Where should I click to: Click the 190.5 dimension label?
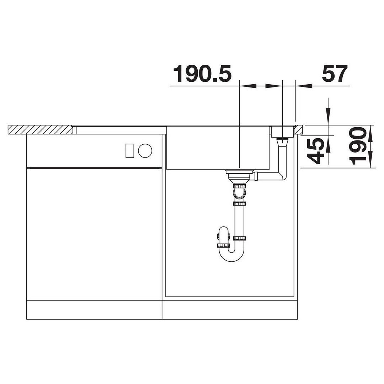[202, 74]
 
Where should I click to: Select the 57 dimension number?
[335, 74]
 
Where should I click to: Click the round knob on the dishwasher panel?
[145, 150]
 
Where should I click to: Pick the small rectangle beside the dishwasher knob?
[130, 150]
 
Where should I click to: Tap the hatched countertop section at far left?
[41, 129]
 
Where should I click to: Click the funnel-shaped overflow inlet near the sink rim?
[282, 142]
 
